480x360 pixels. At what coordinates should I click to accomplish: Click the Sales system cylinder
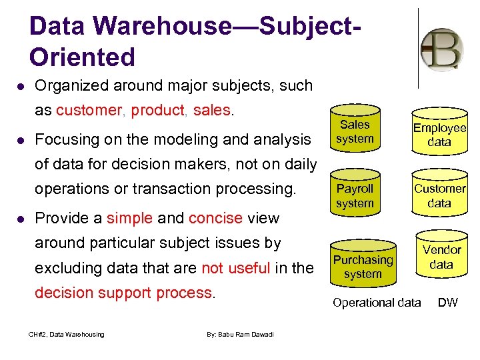pos(354,132)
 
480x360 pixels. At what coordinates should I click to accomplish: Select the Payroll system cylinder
pos(354,196)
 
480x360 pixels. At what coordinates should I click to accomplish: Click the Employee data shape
pos(439,135)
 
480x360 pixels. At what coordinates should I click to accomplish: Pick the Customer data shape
pos(439,196)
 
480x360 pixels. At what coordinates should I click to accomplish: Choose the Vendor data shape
pos(441,257)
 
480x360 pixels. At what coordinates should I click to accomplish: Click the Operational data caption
pos(377,303)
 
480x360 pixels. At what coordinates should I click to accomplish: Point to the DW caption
pos(447,303)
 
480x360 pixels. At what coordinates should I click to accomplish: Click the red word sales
pos(211,110)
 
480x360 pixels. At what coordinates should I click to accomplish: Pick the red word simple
pos(129,218)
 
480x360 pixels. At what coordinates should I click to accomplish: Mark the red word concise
pos(215,218)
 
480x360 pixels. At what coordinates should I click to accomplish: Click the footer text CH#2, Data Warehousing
pos(66,334)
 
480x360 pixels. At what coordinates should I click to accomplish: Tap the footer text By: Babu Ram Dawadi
pos(240,334)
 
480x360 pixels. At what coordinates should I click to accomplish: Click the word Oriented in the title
pos(82,57)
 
